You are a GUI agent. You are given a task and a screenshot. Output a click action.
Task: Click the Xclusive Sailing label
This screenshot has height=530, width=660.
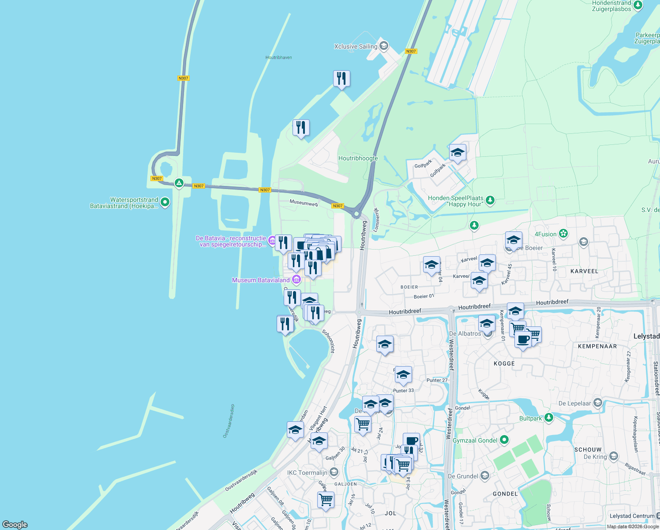coord(356,46)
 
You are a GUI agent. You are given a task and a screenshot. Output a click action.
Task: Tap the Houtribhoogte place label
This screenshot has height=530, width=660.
coord(358,158)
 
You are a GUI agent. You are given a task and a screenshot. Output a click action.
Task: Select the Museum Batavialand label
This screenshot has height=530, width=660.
coord(261,280)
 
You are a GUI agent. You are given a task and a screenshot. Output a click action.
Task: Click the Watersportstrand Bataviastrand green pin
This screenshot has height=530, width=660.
coord(165,202)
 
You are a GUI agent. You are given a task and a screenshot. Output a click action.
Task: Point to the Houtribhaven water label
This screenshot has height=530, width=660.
coord(278,57)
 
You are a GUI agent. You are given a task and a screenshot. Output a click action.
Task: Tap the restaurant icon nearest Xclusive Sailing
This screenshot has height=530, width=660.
coord(341,79)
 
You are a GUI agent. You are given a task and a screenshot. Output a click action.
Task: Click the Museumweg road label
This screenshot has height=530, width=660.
coord(304,203)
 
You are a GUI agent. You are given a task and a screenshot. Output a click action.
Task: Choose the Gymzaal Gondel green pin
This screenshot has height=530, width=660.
coord(505,440)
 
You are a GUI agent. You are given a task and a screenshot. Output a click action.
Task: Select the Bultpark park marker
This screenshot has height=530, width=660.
coord(548,417)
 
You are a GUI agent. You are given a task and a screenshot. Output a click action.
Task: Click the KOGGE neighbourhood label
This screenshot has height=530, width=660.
coord(504,363)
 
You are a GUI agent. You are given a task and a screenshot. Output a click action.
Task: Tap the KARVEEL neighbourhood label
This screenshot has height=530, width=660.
coord(584,271)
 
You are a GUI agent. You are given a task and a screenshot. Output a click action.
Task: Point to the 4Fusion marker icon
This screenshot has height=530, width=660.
coord(563,234)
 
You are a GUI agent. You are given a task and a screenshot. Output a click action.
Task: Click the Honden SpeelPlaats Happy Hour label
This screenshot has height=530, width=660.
coord(456,201)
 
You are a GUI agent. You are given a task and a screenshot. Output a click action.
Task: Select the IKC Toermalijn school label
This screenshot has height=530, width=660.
coord(307,473)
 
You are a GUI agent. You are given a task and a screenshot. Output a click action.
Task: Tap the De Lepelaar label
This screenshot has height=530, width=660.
coord(574,403)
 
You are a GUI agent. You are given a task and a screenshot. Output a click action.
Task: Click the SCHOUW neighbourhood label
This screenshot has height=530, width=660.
coord(588,450)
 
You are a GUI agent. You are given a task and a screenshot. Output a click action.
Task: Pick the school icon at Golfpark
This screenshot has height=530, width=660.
coord(457,153)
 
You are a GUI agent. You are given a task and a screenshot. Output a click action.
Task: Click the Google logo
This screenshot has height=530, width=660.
coord(15,524)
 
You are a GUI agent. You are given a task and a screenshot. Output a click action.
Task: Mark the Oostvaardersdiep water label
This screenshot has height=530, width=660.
coord(229,421)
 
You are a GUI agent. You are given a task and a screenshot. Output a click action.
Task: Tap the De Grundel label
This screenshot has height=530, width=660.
coord(463,476)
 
